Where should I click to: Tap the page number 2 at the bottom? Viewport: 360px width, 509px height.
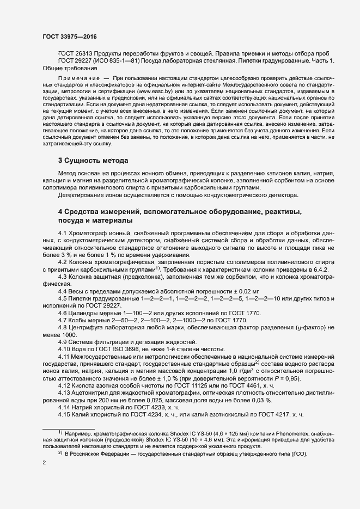pos(44,463)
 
